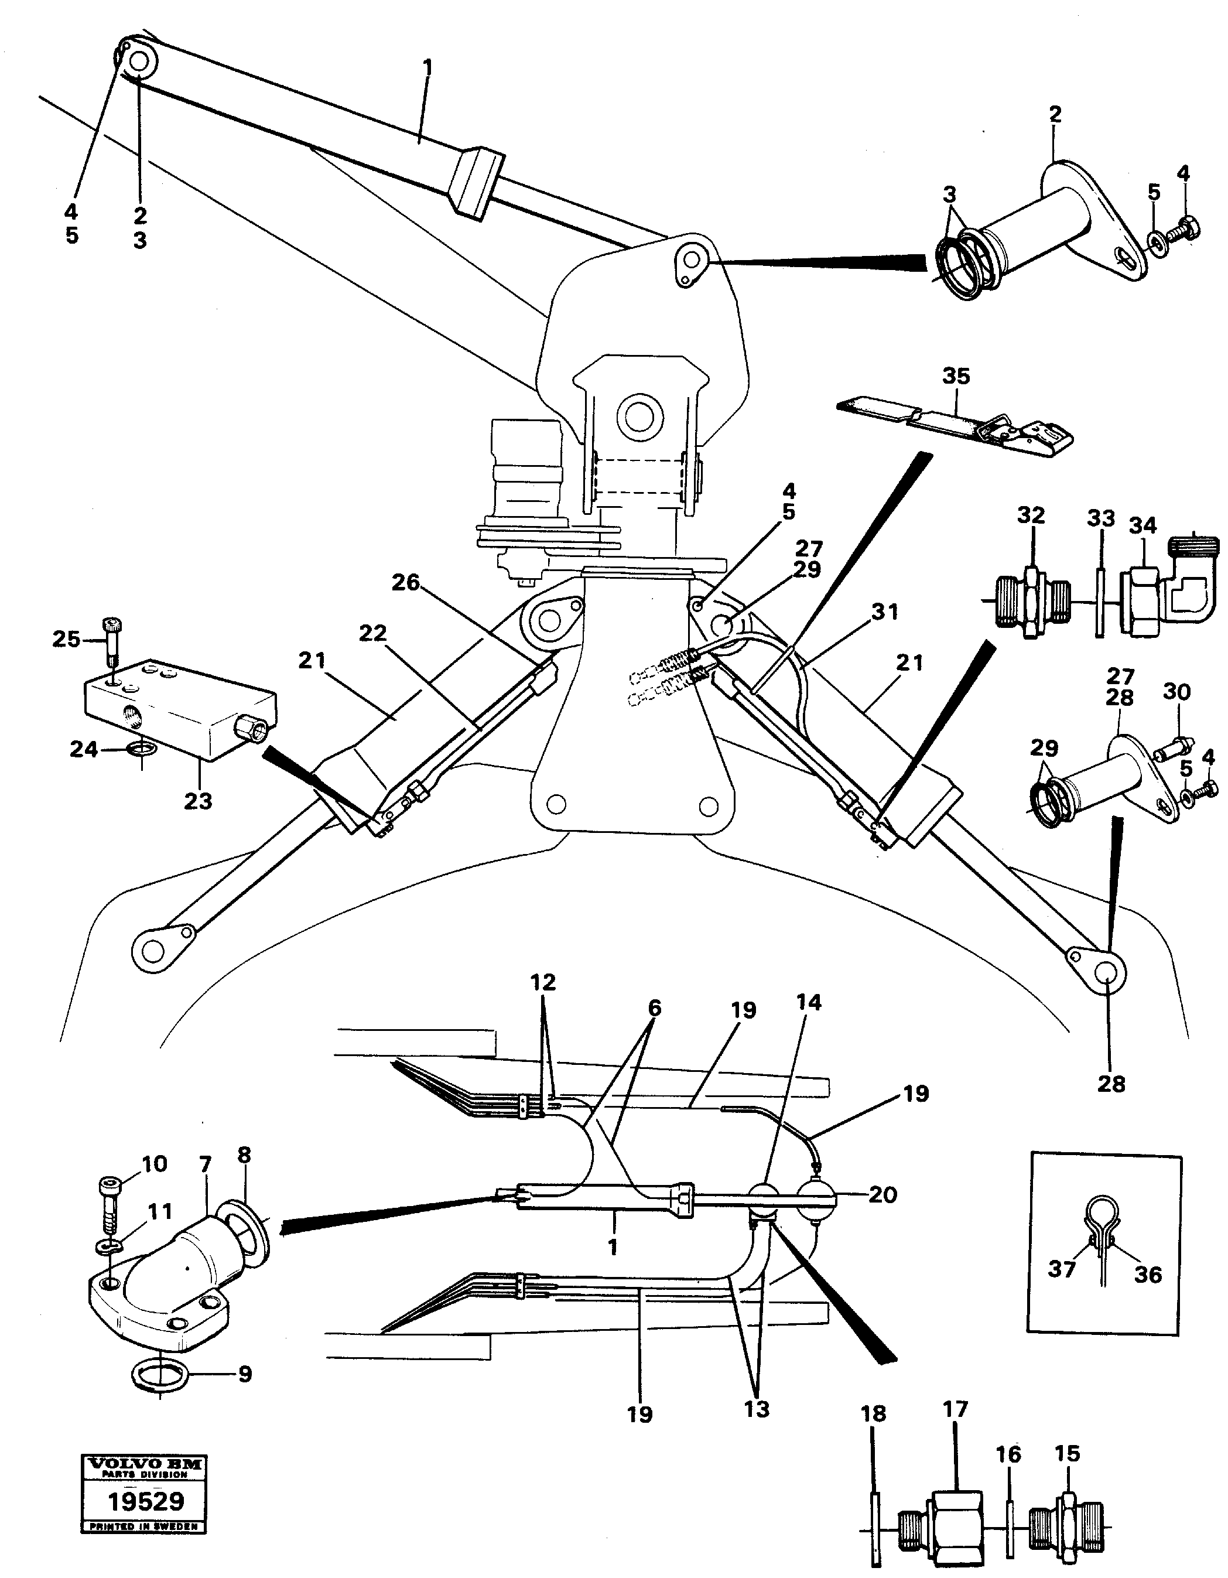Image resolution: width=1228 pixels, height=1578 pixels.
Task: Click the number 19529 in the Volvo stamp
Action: coord(146,1501)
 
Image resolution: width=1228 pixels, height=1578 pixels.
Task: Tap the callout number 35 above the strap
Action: coord(956,377)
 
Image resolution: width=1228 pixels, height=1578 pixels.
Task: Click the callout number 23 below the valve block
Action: coord(198,801)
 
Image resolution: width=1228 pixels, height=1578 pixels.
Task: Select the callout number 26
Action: coord(406,582)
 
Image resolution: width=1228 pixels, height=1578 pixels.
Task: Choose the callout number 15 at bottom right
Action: coord(1067,1454)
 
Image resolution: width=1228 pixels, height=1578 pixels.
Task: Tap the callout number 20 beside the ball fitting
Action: coord(882,1194)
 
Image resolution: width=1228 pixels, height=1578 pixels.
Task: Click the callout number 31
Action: coord(885,612)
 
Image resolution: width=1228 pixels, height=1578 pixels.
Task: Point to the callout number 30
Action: coord(1176,692)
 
